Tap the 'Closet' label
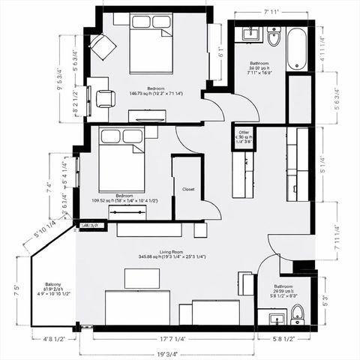[188, 190]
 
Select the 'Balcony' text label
[52, 284]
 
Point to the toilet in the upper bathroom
[273, 36]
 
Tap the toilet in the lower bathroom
[297, 312]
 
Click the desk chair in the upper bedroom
[106, 98]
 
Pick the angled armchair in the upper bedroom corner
[103, 46]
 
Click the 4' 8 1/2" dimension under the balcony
[52, 339]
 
